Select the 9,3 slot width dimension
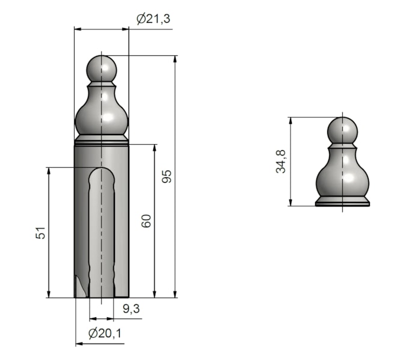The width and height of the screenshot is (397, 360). click(132, 309)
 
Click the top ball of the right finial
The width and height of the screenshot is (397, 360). click(343, 130)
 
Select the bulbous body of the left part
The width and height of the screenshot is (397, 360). click(102, 117)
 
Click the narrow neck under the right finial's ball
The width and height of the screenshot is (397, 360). click(342, 146)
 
